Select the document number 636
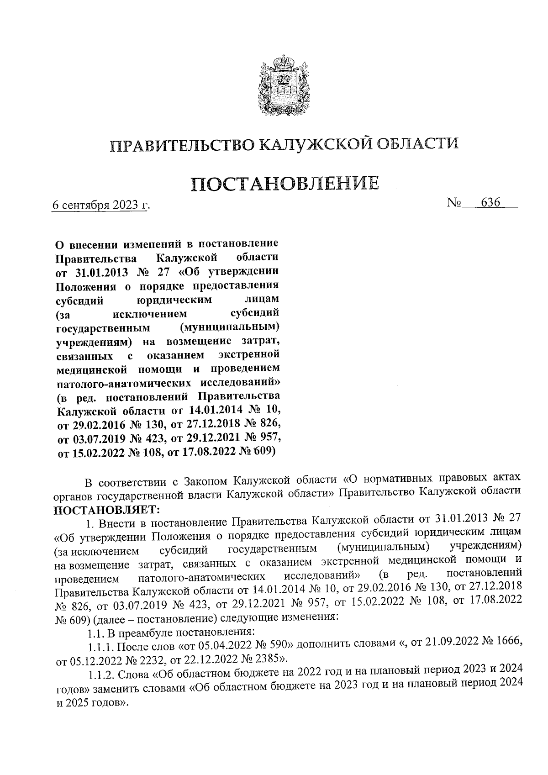point(490,203)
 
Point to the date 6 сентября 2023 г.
point(101,206)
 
